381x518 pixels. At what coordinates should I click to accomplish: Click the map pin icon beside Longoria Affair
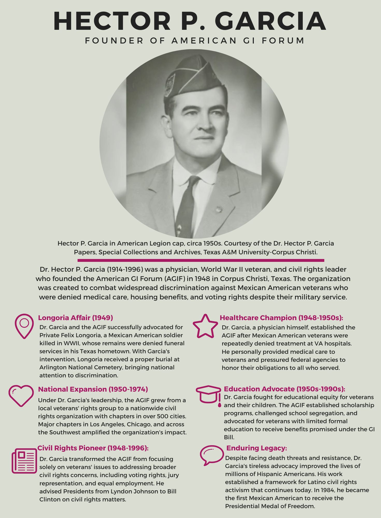24,326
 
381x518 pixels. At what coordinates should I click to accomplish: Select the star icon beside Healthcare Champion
205,326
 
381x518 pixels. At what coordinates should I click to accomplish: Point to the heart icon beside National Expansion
21,395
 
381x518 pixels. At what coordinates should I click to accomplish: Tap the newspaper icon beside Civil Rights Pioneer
24,461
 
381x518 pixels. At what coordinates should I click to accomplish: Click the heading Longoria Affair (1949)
75,318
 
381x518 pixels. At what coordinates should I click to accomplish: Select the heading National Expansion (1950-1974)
93,389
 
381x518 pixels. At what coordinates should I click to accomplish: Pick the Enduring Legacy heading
256,448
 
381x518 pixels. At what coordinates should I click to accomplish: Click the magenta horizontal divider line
201,260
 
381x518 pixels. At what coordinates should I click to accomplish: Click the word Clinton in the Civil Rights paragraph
50,499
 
